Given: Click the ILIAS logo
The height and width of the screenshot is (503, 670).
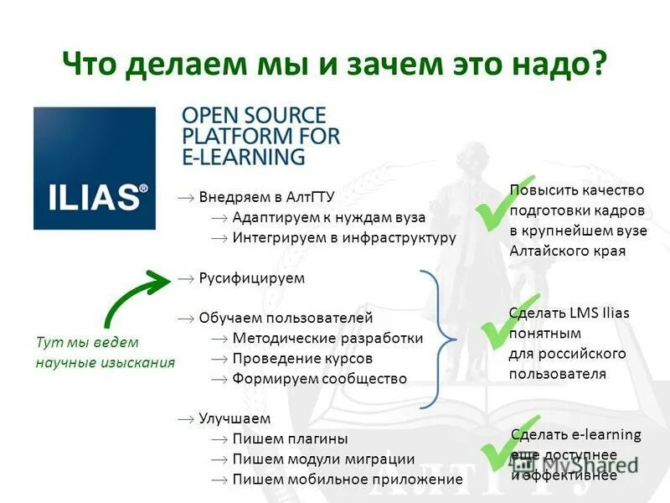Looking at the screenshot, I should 94,168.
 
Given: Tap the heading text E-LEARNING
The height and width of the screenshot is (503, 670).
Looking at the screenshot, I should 244,157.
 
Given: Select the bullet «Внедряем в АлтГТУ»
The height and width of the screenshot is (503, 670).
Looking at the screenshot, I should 266,198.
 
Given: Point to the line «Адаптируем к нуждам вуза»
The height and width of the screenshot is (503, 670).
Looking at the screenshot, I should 328,217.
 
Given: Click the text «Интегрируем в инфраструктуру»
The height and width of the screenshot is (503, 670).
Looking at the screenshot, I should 343,237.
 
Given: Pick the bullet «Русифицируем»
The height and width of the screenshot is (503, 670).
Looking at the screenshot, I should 251,277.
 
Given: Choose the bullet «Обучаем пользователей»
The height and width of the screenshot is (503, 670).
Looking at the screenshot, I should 285,318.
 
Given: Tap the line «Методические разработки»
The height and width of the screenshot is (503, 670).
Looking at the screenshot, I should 327,338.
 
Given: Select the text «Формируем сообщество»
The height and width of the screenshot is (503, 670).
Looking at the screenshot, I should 319,378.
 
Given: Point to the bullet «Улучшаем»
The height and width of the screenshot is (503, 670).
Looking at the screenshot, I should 234,418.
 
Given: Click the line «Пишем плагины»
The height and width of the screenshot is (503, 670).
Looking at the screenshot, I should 290,438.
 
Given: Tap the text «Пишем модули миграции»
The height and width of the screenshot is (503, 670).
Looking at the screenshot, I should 323,459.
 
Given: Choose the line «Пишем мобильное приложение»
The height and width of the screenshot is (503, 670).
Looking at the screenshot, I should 347,479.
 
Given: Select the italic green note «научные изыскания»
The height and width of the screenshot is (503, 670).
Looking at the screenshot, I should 105,362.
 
